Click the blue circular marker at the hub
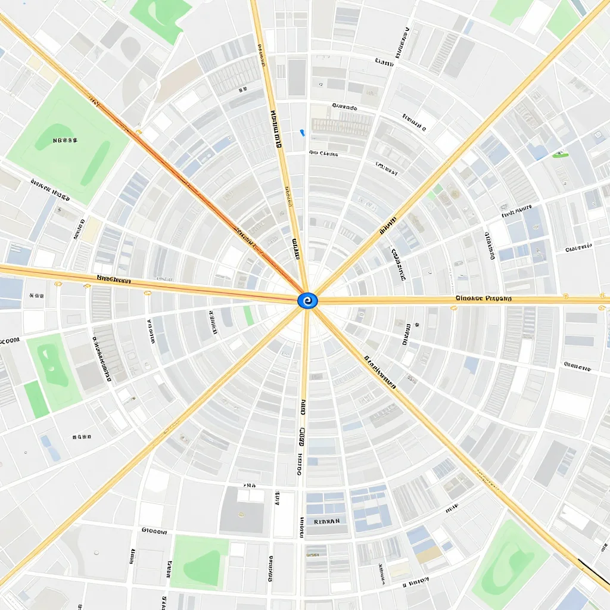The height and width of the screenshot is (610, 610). pos(307,301)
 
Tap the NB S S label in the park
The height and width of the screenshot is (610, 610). pos(65,141)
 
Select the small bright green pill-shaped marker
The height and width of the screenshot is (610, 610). pos(560,155)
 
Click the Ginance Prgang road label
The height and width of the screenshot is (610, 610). pos(483,298)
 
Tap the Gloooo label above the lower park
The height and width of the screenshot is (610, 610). pos(154,530)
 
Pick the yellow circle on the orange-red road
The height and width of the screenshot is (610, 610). pos(139,132)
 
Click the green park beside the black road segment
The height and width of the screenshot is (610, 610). pos(509,563)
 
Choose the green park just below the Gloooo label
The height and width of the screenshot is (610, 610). pos(200,561)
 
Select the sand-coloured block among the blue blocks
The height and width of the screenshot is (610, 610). pos(428,554)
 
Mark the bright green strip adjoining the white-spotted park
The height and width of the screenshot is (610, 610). pos(36,399)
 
